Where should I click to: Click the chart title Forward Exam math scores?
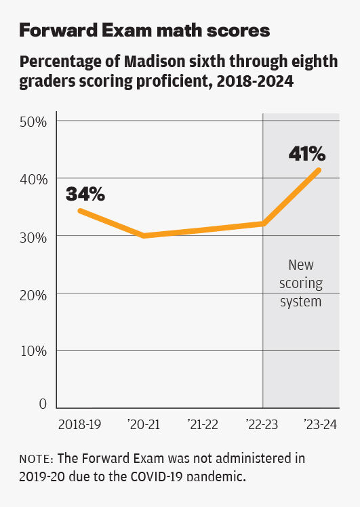(x=144, y=31)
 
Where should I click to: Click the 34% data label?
(x=85, y=195)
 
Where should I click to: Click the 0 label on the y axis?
(x=42, y=404)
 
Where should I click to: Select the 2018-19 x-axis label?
(x=79, y=424)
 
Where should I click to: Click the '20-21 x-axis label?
(x=143, y=424)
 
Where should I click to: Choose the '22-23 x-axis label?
(x=262, y=424)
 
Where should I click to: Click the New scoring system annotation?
(x=301, y=283)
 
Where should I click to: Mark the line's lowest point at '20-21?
(x=143, y=236)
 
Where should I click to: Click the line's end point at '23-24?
(x=319, y=170)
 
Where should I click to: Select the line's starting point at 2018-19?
(x=79, y=210)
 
